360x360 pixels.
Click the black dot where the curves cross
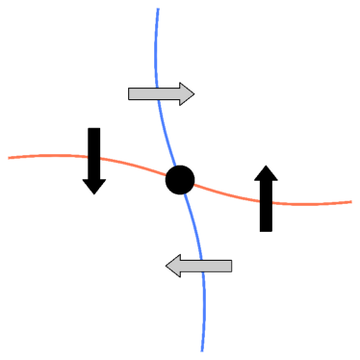[x=180, y=179]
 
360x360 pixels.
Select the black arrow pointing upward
[x=267, y=198]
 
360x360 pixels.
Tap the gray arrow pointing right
[x=161, y=93]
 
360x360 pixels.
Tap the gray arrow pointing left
[x=199, y=266]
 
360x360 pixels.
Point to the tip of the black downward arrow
[x=93, y=193]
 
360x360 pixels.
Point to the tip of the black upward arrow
[x=267, y=166]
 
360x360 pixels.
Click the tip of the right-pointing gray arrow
[x=194, y=93]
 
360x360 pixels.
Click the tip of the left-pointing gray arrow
[x=167, y=266]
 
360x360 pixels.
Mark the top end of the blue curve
[x=158, y=10]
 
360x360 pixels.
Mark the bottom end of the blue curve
[x=202, y=350]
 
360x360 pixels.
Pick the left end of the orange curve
[x=9, y=157]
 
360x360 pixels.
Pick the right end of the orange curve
[x=351, y=202]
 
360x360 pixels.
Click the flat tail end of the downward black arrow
[x=93, y=128]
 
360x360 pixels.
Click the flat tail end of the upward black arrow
[x=267, y=231]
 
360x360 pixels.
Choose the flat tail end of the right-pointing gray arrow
[x=129, y=93]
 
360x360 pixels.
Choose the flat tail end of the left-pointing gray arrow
[x=232, y=266]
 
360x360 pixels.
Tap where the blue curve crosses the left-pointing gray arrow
[x=200, y=266]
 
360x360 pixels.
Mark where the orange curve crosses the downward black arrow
[x=93, y=158]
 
